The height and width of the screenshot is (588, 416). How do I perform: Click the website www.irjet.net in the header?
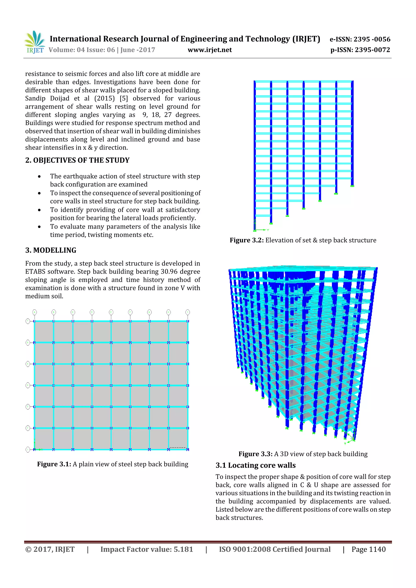coord(210,50)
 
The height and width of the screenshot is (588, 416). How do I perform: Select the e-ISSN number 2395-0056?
coord(372,39)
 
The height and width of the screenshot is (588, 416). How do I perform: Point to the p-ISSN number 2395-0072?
coord(372,50)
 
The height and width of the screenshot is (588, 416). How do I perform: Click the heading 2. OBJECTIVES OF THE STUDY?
coord(77,160)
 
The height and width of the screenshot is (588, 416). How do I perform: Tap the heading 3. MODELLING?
coord(51,250)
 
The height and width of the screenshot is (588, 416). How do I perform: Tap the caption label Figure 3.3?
coord(255,454)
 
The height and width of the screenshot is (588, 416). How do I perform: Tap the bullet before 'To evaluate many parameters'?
coord(39,227)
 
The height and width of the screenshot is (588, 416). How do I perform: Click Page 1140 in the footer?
coord(368,549)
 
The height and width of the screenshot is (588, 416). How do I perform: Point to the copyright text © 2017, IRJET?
coord(50,549)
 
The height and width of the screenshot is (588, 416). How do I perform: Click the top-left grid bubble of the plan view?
coord(35,312)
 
